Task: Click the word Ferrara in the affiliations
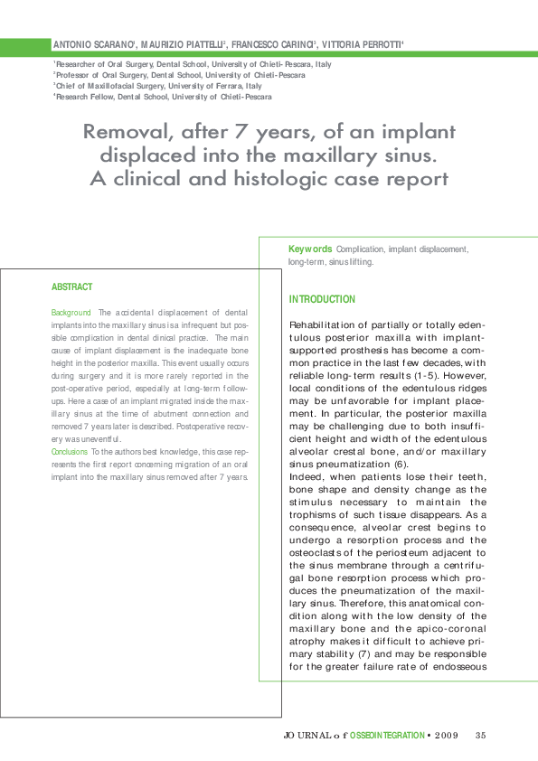210,86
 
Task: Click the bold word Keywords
310,249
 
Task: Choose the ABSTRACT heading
71,287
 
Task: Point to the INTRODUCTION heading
322,299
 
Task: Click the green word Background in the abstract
71,312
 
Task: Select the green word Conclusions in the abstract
70,449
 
